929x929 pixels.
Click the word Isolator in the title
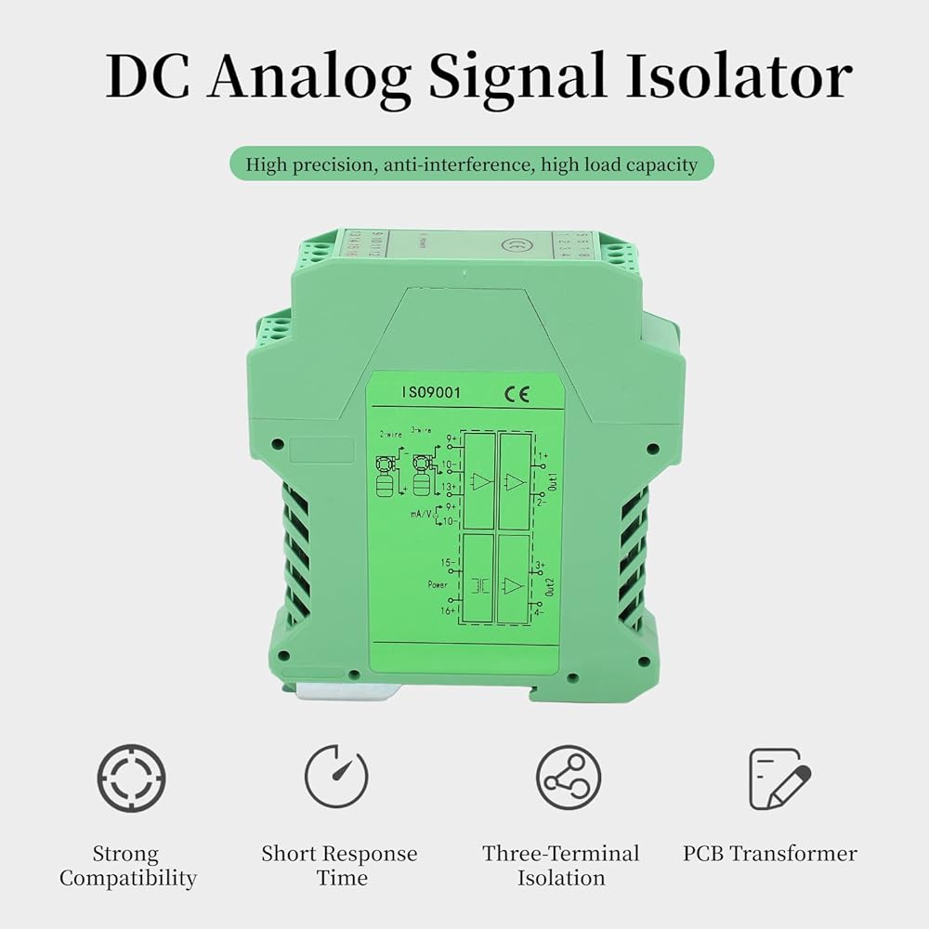coord(739,77)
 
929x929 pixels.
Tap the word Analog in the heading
coord(308,77)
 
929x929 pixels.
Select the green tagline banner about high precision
coord(472,165)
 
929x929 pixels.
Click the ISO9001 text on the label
coord(430,393)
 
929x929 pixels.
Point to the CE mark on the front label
coord(517,393)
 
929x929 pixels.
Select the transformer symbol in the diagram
coord(482,584)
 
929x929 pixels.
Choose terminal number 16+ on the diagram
coord(446,610)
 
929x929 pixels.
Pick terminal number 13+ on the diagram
coord(447,487)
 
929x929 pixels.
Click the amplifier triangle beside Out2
coord(513,585)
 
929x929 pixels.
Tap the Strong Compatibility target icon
coord(132,778)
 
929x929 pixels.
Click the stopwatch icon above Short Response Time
coord(336,778)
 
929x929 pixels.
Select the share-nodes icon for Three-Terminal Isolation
coord(568,778)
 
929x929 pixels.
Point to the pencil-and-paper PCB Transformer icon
coord(779,779)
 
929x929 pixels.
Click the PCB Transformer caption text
coord(770,854)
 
